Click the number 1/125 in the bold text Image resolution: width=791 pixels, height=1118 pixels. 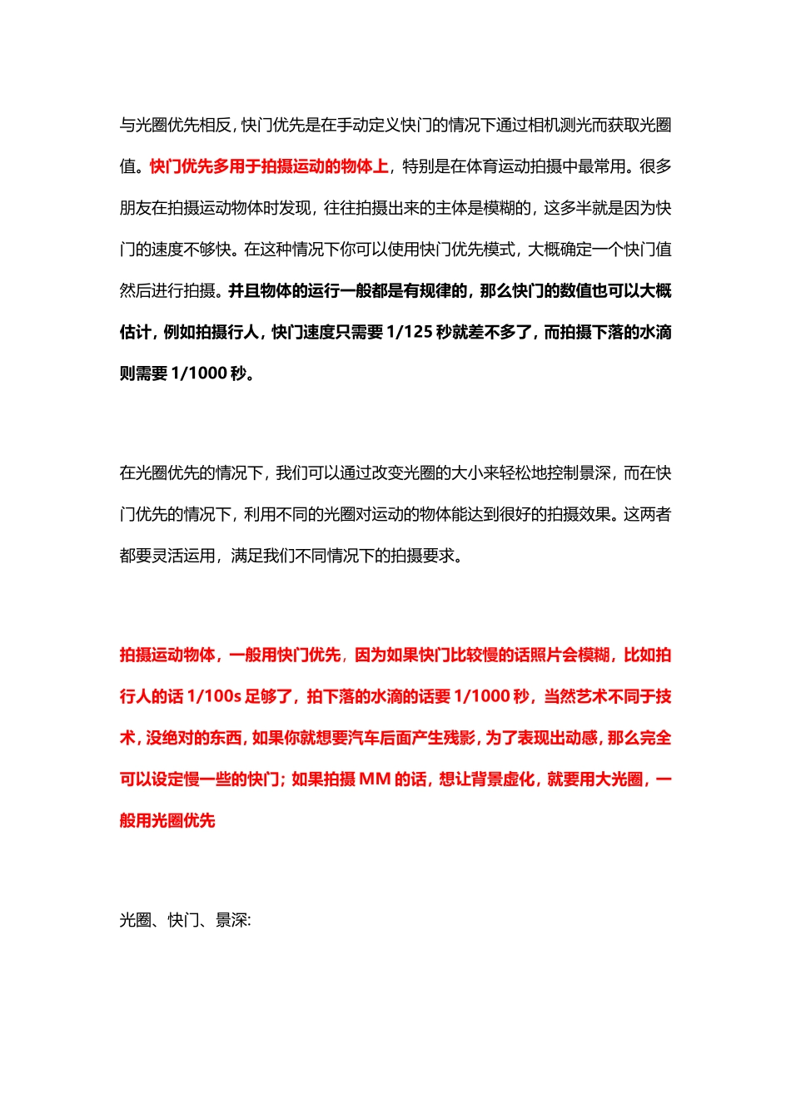(410, 332)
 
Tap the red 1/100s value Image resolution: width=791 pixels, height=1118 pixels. (214, 696)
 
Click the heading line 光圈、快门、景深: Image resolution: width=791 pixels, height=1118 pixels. (186, 920)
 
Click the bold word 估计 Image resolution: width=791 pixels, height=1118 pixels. (136, 332)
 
